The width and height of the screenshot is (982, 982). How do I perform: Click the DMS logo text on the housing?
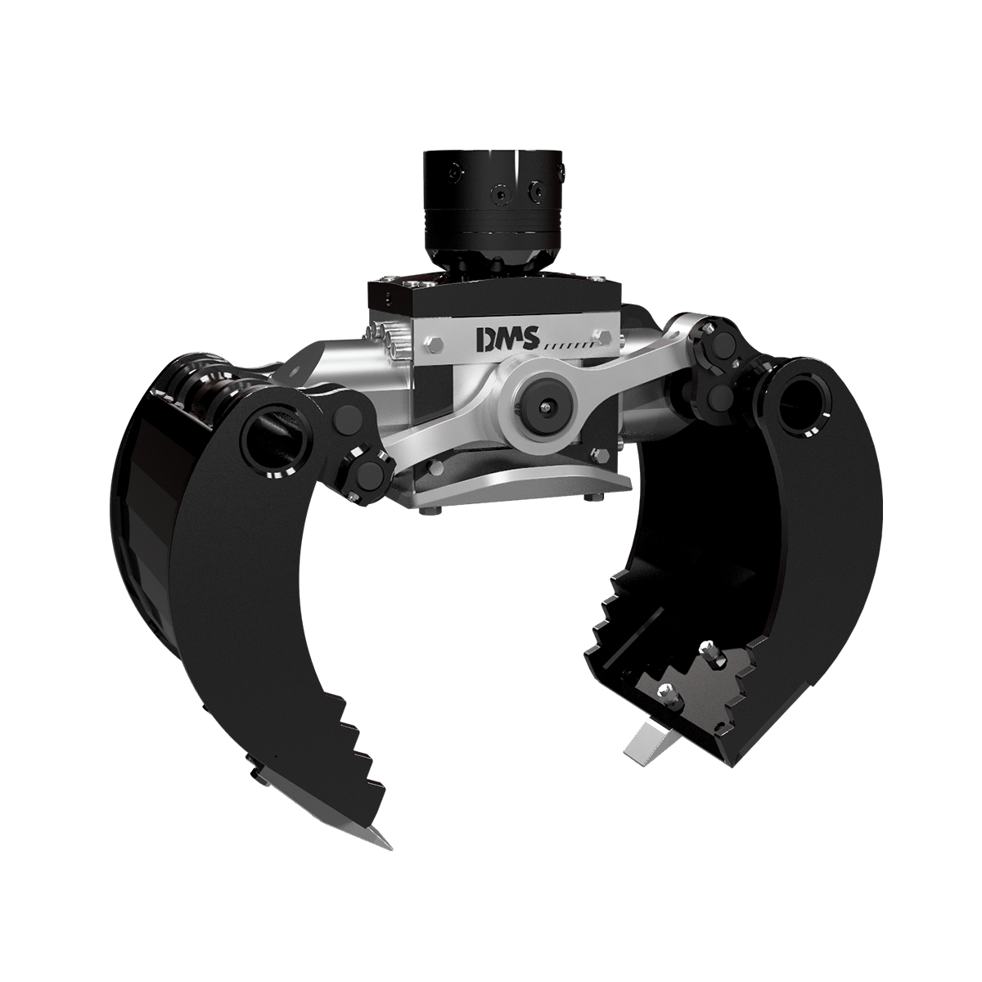coord(504,340)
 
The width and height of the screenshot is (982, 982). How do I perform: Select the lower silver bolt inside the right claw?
coord(669,695)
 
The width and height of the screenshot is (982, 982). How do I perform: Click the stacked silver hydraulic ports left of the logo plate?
coord(391,340)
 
